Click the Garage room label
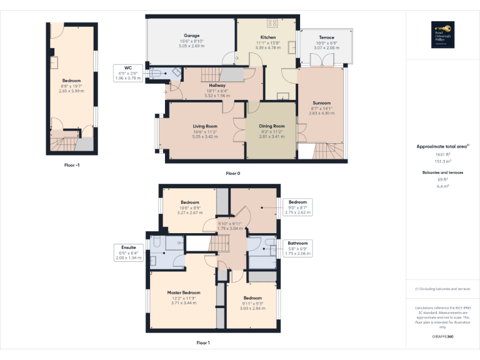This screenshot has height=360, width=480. pos(191,36)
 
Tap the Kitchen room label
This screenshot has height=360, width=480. pos(267,37)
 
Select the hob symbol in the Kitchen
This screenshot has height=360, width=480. pos(272,24)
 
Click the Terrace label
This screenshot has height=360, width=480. pos(326,37)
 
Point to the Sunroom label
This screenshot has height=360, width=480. pos(322,102)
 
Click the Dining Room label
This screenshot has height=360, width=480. pos(272,126)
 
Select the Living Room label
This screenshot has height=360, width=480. pos(204,126)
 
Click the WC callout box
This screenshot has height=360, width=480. pos(128,72)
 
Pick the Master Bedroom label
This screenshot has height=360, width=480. pos(184,292)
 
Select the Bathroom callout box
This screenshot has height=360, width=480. pos(297,248)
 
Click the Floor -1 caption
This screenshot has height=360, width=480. pos(72,165)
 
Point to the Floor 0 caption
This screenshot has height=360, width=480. pos(232,173)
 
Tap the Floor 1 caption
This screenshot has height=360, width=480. pos(202,342)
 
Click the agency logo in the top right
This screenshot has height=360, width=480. pos(442,33)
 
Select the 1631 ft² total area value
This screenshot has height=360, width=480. pos(442,154)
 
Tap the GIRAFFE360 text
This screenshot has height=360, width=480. pos(442,336)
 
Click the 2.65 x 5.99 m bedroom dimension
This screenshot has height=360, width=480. pos(71,91)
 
